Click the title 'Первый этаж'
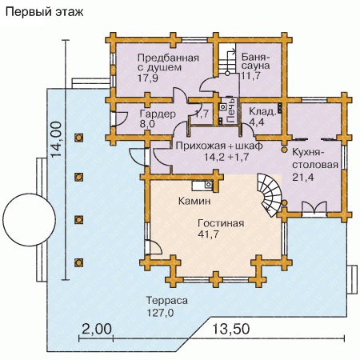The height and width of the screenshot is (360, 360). tap(44, 12)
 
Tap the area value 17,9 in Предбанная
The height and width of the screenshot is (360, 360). tap(148, 78)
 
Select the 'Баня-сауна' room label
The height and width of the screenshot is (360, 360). tap(256, 61)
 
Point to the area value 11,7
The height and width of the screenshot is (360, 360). tap(250, 76)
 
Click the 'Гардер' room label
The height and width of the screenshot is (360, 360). tap(158, 114)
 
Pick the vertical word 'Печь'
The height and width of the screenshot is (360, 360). tap(231, 110)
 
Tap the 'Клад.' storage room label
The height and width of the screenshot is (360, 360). tap(262, 111)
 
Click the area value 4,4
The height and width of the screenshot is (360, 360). tap(256, 122)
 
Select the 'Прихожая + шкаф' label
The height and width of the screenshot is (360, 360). tap(219, 146)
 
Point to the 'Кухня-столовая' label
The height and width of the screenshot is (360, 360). tap(315, 158)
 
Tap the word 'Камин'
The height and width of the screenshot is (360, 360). tap(194, 201)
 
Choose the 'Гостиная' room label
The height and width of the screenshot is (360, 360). tap(221, 223)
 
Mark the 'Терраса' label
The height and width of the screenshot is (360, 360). tap(167, 301)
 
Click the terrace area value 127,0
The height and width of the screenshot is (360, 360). tap(160, 313)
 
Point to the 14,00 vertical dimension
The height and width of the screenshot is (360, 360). tap(57, 139)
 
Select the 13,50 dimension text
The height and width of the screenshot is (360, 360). tap(231, 329)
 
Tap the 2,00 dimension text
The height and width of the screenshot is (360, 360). tap(96, 329)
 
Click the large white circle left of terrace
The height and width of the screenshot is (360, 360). tap(30, 220)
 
